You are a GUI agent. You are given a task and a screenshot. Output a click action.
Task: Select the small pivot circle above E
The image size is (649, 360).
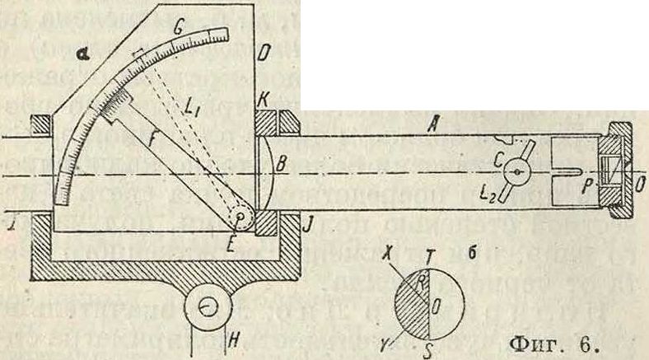(x=240, y=218)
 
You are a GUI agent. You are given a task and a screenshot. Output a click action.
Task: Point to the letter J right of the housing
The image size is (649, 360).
(x=304, y=222)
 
